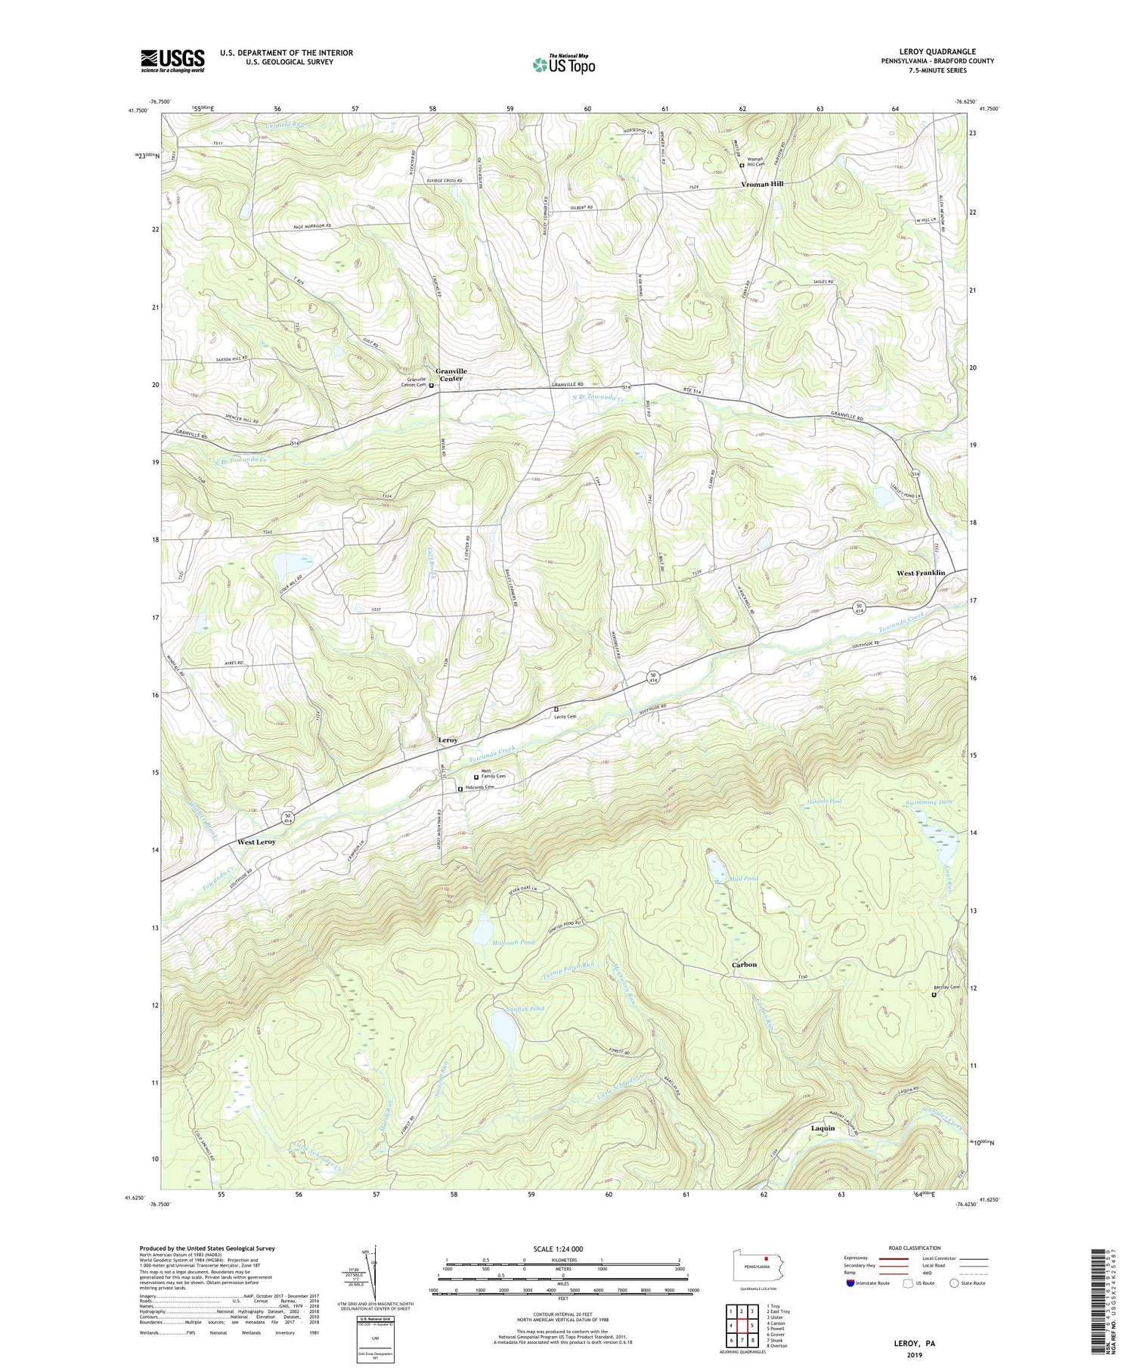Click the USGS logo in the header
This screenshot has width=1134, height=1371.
tap(172, 60)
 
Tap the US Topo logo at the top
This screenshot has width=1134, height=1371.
tap(563, 65)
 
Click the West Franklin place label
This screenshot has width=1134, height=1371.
tap(920, 573)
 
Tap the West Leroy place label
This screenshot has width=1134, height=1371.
tap(256, 842)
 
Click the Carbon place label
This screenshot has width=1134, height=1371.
tap(744, 965)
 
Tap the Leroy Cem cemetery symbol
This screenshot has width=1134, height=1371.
tap(556, 709)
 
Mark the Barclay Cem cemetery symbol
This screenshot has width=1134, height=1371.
tap(933, 995)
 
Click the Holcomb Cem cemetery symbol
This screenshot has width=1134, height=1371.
tap(460, 789)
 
